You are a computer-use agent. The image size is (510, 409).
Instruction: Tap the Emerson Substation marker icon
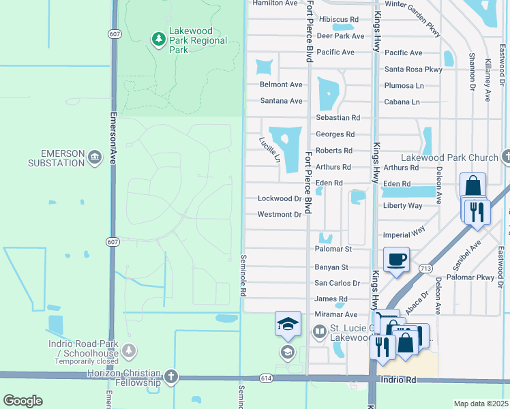[94, 158]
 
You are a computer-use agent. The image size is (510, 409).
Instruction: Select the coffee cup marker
[396, 260]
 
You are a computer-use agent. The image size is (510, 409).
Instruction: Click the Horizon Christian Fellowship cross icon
[170, 377]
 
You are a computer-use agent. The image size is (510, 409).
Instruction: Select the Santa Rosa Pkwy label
[413, 69]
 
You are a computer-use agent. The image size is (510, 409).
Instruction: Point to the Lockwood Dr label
[280, 199]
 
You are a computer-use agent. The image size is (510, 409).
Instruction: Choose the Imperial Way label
[404, 234]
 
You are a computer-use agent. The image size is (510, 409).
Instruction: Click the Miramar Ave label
[335, 314]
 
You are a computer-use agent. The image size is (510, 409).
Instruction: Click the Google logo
[22, 401]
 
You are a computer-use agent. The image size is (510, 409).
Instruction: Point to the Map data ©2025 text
[481, 404]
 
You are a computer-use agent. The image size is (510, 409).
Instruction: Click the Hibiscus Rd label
[338, 20]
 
